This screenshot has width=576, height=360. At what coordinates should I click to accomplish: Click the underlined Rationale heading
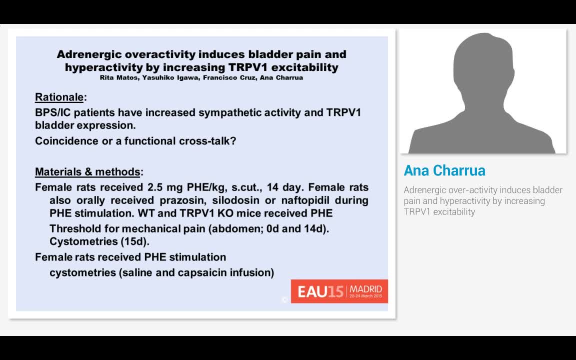[59, 97]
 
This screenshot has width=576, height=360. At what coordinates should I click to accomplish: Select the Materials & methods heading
[87, 172]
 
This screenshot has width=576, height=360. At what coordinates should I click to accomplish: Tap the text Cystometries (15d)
[99, 242]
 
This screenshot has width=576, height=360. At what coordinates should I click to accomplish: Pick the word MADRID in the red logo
[365, 289]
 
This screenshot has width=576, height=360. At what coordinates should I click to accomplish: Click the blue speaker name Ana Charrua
[444, 170]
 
